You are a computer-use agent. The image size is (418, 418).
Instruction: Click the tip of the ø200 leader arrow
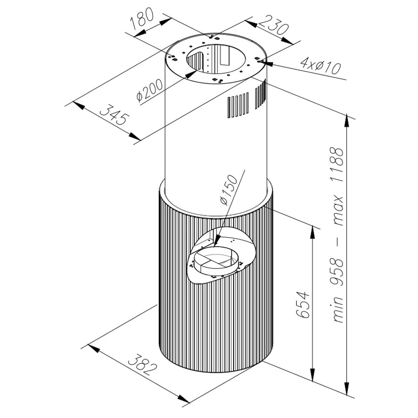[x=197, y=71]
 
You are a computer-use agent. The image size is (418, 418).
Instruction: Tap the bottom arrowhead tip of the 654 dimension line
[x=312, y=382]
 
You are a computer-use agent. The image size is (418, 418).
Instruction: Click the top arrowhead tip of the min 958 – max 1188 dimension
[x=347, y=114]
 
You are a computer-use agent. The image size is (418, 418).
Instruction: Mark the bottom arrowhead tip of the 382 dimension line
[x=190, y=403]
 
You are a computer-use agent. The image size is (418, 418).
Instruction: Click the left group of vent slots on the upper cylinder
[x=238, y=105]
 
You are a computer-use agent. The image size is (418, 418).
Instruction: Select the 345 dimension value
[x=115, y=115]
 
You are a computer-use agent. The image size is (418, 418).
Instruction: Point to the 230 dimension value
[x=273, y=26]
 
